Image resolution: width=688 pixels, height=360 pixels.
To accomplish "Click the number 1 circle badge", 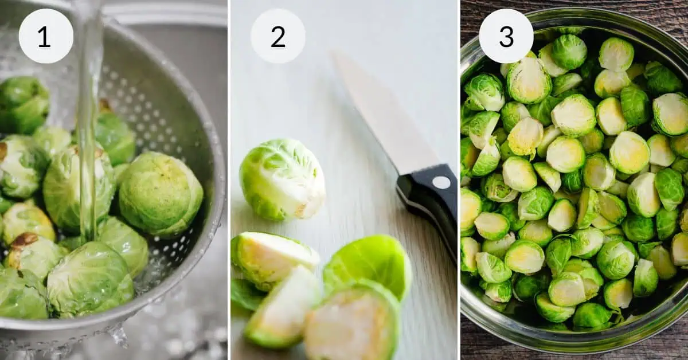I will [46, 36].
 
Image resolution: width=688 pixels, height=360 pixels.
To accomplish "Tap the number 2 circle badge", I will [278, 36].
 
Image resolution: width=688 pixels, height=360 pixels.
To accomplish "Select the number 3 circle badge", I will [506, 36].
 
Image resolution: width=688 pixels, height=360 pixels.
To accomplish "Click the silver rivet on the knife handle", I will [441, 182].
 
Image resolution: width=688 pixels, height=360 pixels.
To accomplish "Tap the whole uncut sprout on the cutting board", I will [282, 178].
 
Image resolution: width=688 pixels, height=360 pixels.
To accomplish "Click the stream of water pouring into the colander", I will [87, 115].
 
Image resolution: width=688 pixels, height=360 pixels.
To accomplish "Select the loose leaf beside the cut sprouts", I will [370, 261].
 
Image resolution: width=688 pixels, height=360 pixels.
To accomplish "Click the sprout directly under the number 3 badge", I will [527, 80].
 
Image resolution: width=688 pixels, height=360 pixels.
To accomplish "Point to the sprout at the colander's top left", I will [23, 103].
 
